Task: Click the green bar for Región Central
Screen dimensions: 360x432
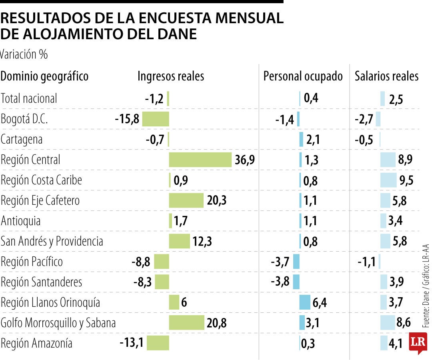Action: tap(200, 160)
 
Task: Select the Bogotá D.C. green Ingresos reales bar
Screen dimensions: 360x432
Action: tap(156, 119)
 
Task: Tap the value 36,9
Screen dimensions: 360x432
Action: tap(245, 160)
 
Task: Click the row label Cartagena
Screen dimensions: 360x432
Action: tap(22, 140)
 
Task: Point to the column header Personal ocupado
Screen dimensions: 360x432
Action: tap(303, 76)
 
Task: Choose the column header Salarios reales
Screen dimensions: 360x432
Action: tap(386, 76)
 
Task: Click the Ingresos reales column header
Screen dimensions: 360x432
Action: tap(171, 76)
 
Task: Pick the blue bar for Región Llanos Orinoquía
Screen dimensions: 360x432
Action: tap(305, 302)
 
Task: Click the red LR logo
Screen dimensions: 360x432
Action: tap(418, 343)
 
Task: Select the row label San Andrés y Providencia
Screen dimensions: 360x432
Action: tap(52, 241)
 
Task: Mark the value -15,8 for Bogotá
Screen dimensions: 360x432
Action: tap(127, 119)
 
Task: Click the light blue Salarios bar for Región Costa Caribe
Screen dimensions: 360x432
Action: tap(388, 180)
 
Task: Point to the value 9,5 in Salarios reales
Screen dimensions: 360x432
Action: tap(406, 181)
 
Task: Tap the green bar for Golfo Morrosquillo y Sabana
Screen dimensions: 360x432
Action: tap(186, 323)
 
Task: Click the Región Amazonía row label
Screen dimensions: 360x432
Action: tap(37, 343)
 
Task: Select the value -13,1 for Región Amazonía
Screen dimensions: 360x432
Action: tap(132, 343)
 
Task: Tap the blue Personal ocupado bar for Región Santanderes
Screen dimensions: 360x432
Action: tap(296, 282)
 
